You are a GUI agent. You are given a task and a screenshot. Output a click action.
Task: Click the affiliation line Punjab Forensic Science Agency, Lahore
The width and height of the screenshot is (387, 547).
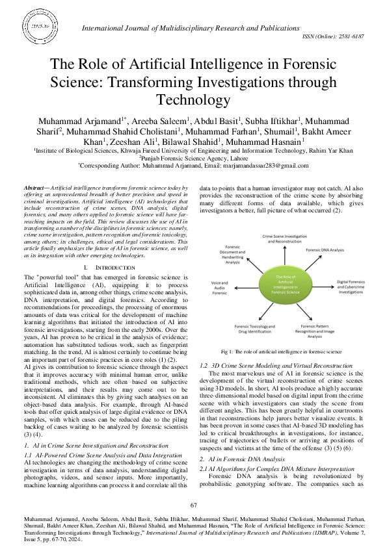point(193,159)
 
